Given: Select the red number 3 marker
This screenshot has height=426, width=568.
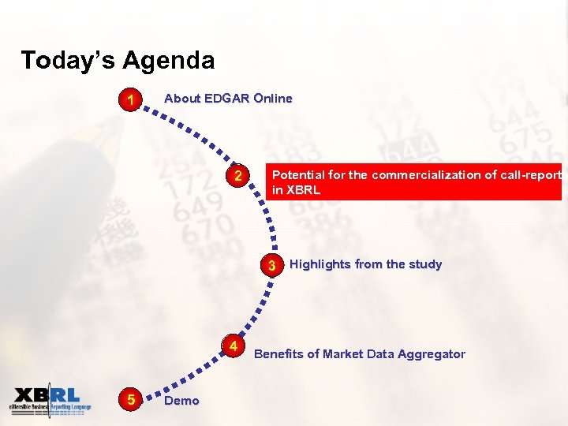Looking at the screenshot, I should pos(271,265).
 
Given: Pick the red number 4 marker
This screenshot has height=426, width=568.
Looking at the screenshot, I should pos(234,347).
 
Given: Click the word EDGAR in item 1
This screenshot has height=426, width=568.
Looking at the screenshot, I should pos(227,99).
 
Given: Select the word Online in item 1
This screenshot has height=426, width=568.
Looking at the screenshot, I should pos(273,99).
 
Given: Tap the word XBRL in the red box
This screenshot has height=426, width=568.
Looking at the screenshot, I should pos(305,190).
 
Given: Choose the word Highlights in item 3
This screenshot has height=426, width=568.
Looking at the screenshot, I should pos(321,264).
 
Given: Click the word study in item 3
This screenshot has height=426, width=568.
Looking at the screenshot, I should pos(424,264).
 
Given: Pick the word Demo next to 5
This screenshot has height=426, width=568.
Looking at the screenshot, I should pos(181,401).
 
